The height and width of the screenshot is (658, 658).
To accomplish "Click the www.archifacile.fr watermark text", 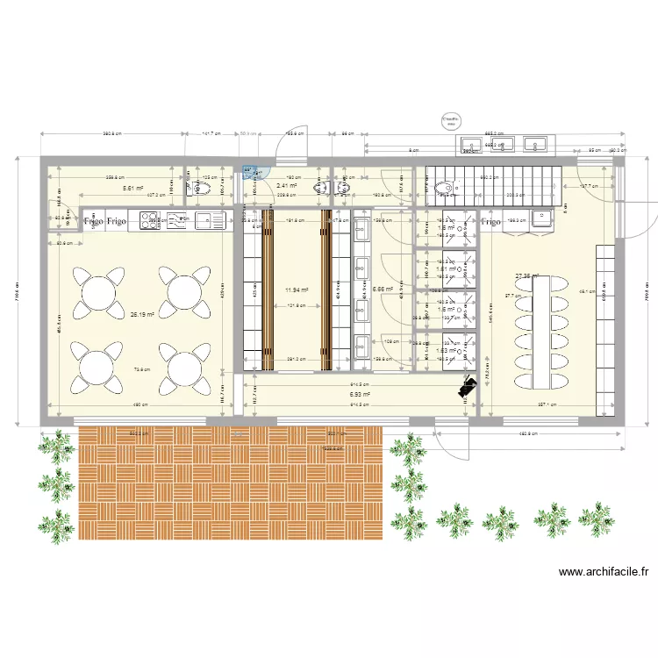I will pos(604,572).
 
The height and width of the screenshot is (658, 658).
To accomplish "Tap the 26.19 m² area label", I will pos(142,314).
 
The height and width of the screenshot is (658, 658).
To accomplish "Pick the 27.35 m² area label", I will pos(527,275).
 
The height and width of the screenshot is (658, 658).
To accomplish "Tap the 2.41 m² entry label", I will pos(286,186).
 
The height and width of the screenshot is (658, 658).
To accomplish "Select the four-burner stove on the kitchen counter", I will pos(148,220).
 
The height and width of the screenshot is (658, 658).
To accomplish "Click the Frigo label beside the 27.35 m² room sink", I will pos(490,222).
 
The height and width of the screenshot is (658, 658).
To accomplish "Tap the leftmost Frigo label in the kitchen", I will pos(93,222).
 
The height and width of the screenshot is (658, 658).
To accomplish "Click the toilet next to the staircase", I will pos(448,186).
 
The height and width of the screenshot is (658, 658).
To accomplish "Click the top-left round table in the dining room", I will pos(95,290).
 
